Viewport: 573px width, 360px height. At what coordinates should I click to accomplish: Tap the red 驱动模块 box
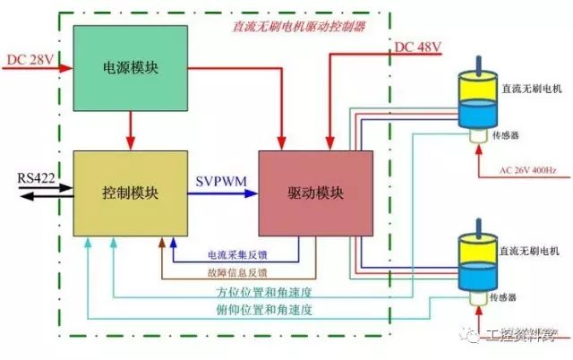[x=315, y=193]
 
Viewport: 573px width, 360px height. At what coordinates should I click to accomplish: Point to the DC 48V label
[x=417, y=47]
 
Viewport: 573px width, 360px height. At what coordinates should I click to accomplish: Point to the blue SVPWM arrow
[x=224, y=192]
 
